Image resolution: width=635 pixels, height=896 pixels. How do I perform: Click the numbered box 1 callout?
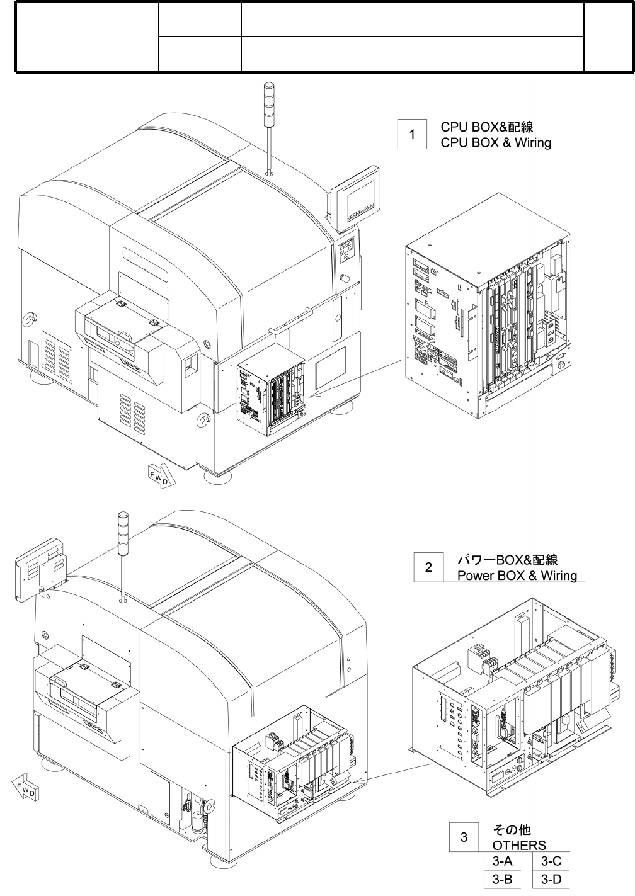(412, 134)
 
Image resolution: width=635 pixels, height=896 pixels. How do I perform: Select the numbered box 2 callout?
(428, 567)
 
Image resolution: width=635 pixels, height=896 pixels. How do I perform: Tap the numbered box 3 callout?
(464, 837)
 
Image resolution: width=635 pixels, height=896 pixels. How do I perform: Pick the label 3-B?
(502, 879)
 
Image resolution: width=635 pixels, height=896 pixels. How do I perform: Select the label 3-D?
(551, 879)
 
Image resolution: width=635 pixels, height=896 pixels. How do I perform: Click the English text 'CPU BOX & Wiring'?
(496, 142)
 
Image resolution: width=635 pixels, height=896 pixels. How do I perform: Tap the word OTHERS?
(519, 845)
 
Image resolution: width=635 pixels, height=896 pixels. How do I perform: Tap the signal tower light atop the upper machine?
(269, 94)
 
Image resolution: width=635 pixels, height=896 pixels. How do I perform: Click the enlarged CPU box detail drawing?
(488, 327)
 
